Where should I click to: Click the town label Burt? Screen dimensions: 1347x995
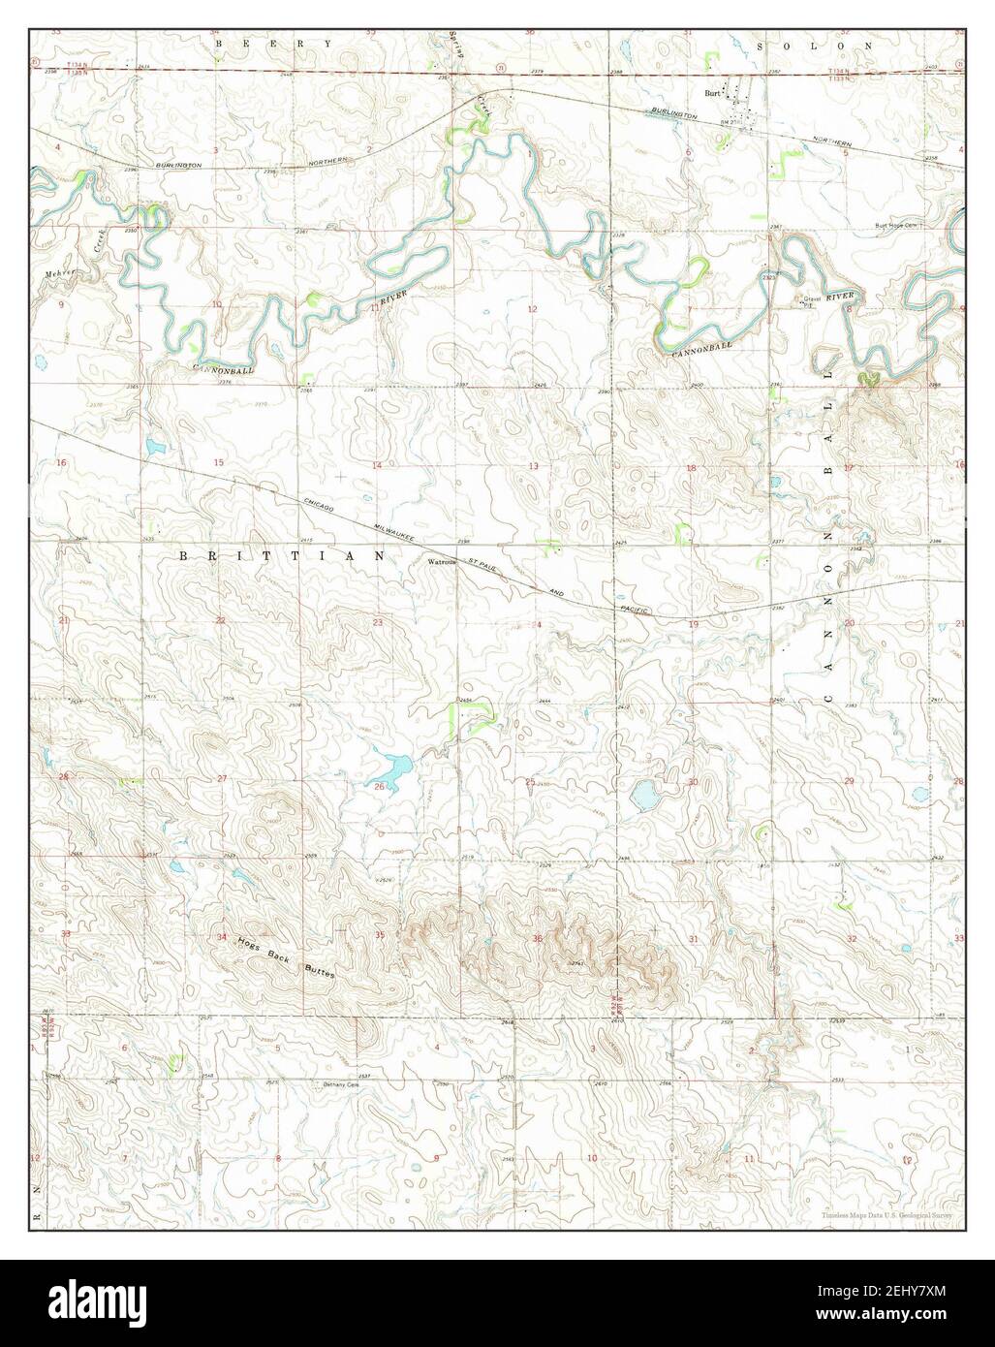712,94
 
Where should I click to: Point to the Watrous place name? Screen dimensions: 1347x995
440,561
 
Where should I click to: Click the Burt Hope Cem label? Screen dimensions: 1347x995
895,225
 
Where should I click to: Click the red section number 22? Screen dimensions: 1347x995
220,620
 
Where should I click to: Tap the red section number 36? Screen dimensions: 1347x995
537,937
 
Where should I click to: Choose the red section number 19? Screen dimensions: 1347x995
693,625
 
